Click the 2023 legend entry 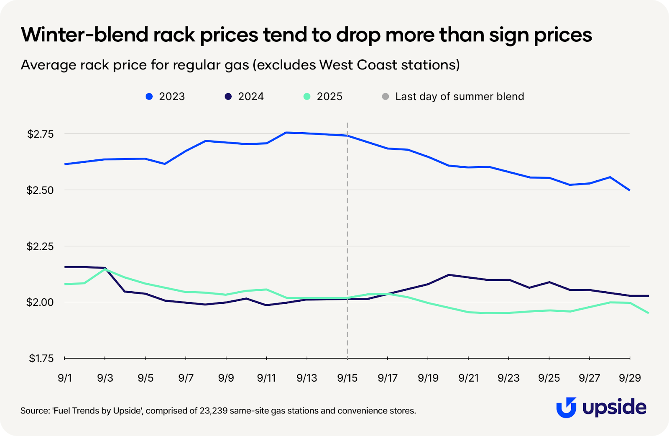165,97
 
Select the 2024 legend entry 244,97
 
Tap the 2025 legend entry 323,97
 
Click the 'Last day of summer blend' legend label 459,97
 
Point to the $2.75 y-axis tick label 41,134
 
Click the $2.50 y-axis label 41,190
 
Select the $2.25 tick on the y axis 41,246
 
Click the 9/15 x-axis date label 347,378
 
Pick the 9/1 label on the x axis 65,378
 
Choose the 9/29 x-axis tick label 630,378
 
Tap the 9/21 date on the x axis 468,378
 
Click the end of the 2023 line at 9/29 630,190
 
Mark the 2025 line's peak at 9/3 105,269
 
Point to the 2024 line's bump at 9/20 449,275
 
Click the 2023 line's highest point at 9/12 286,133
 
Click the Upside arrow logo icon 566,408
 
